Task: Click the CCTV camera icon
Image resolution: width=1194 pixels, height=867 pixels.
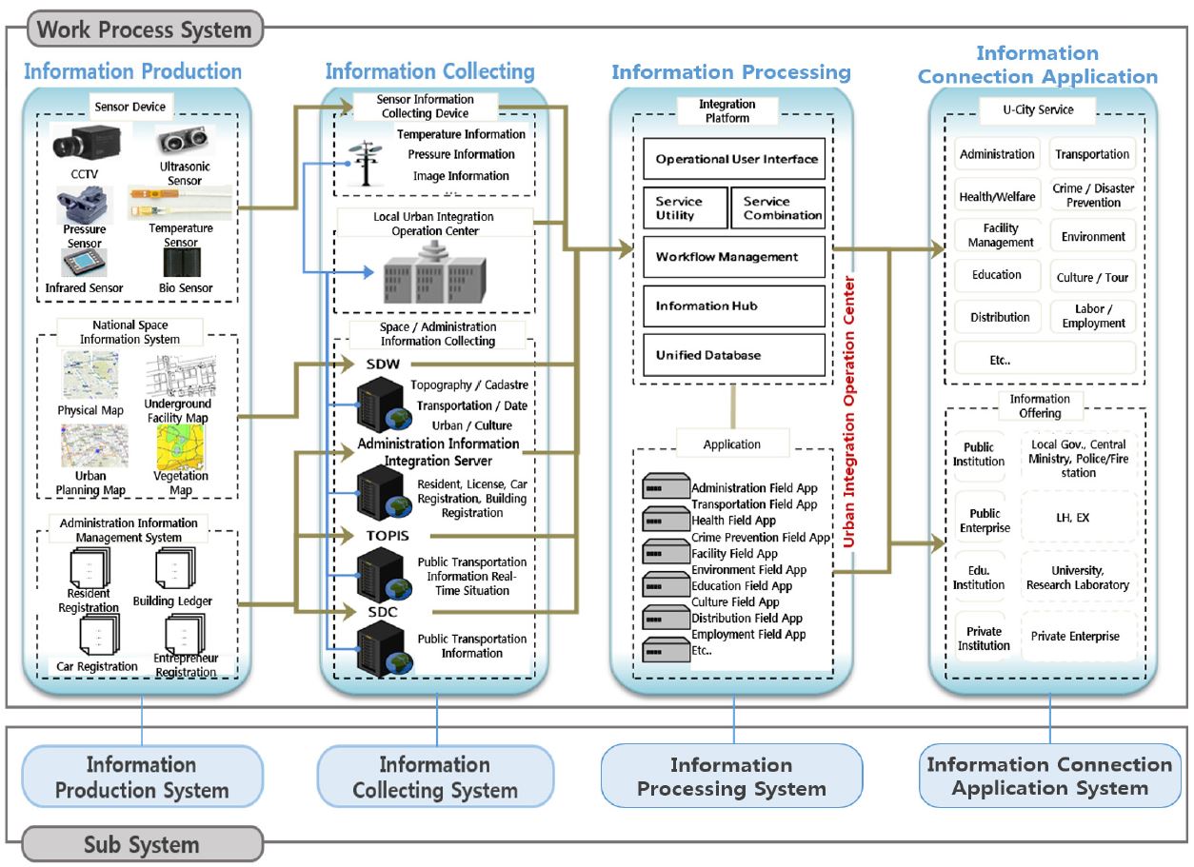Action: [84, 140]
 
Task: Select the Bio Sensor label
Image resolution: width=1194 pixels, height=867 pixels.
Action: [186, 287]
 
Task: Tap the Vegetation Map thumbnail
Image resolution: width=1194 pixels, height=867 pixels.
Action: [187, 445]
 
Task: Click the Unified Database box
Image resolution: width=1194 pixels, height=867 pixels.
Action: [734, 355]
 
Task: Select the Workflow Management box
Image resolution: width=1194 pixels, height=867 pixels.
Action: [734, 257]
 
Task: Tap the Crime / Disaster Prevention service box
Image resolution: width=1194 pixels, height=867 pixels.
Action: [1093, 196]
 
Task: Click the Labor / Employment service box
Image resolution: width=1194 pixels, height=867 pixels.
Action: [1093, 317]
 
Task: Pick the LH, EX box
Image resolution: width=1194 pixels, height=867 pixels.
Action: [1078, 518]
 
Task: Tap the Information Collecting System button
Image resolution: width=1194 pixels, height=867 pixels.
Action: [435, 777]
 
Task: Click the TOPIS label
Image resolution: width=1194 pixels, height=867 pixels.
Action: [387, 535]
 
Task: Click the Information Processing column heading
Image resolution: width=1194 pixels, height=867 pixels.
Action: [731, 72]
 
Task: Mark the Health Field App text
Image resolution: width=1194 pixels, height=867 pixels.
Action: [733, 521]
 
